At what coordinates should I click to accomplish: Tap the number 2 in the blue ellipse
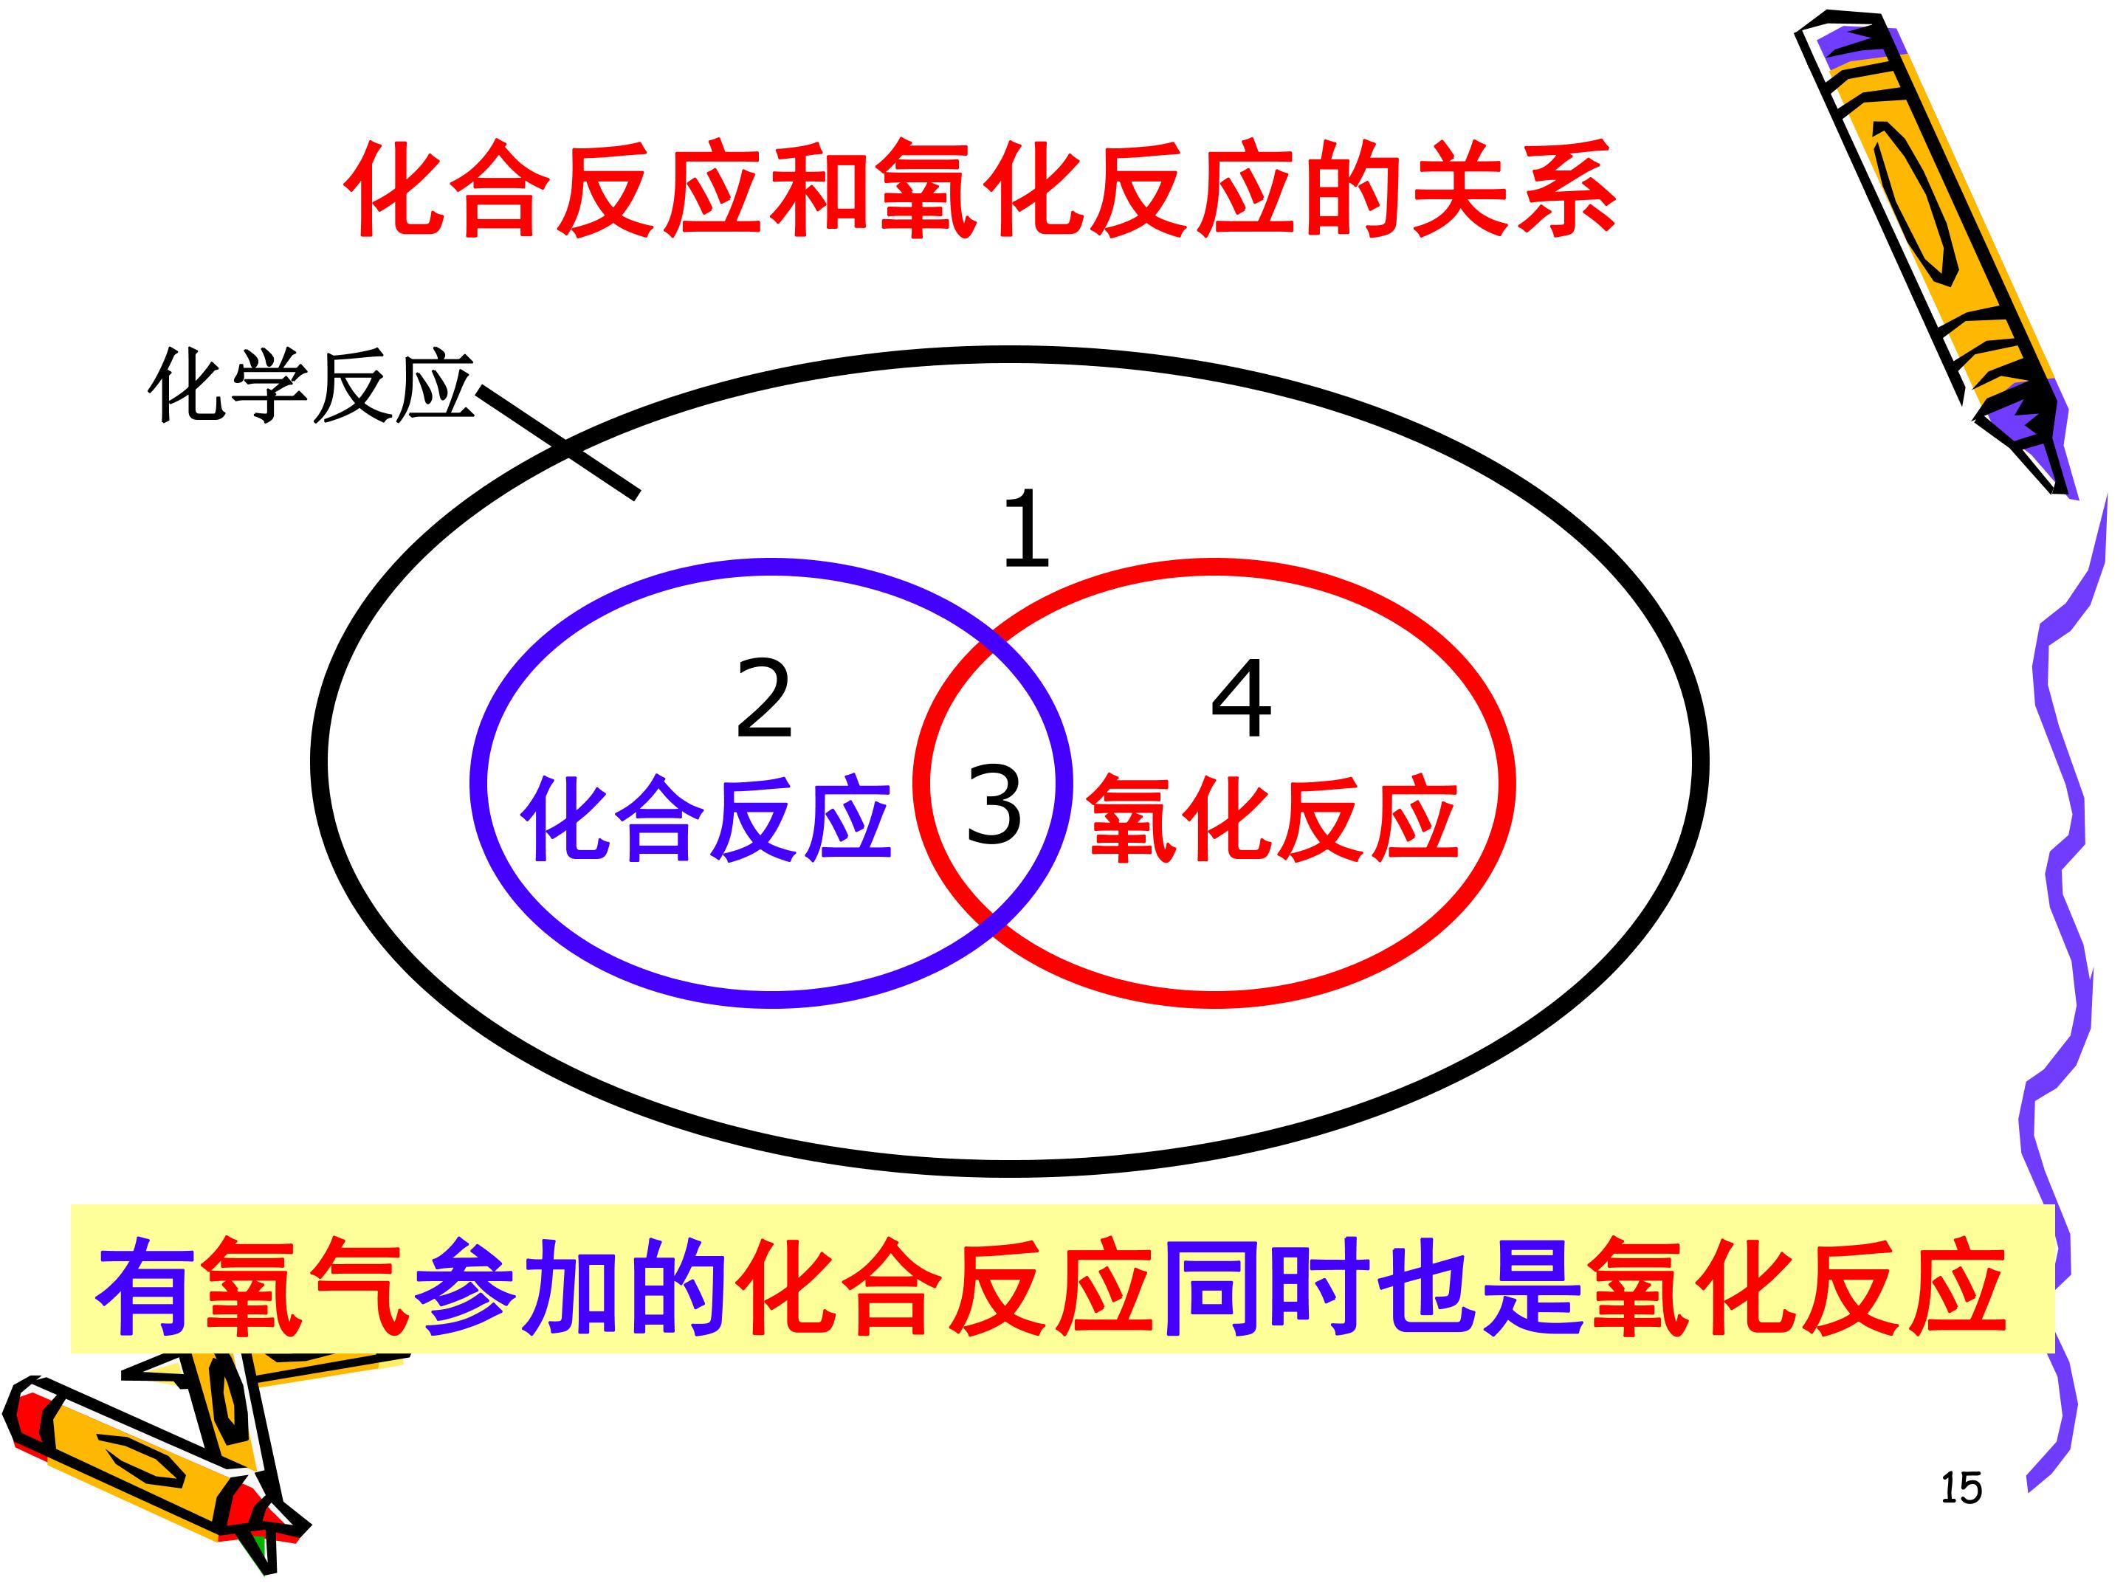point(764,699)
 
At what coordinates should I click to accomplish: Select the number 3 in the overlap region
point(994,804)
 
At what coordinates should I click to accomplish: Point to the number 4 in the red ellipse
point(1241,699)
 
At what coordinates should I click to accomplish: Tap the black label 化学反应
point(311,387)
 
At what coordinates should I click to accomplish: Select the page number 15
point(1961,1488)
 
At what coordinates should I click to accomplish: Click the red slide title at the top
point(980,189)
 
